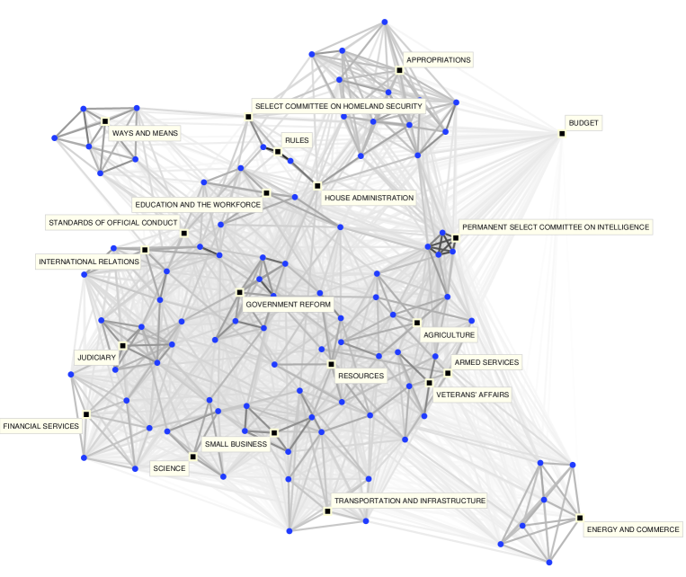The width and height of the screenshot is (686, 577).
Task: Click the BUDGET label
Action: pyautogui.click(x=584, y=122)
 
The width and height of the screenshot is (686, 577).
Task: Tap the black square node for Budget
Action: pyautogui.click(x=562, y=134)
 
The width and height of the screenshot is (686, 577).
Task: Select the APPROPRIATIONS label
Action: pyautogui.click(x=438, y=60)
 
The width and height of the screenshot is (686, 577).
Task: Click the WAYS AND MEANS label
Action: pyautogui.click(x=144, y=133)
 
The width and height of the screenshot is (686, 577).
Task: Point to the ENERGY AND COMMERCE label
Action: pyautogui.click(x=633, y=529)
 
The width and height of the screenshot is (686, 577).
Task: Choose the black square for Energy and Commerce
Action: pyautogui.click(x=580, y=519)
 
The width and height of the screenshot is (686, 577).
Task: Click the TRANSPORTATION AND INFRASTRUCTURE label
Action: pyautogui.click(x=409, y=501)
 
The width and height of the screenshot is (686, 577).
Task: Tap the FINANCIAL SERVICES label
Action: pyautogui.click(x=41, y=426)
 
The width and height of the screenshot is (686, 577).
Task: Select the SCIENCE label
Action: pyautogui.click(x=169, y=467)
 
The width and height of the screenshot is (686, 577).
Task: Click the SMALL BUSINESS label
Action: pyautogui.click(x=236, y=444)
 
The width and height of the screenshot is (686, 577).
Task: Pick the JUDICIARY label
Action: pyautogui.click(x=96, y=358)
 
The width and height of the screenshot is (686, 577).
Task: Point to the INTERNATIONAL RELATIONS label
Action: pyautogui.click(x=88, y=262)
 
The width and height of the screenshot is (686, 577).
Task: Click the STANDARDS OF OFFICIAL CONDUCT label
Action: pyautogui.click(x=112, y=222)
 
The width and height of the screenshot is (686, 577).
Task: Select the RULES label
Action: pyautogui.click(x=297, y=140)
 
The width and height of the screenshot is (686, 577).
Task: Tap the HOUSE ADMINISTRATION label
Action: pyautogui.click(x=369, y=198)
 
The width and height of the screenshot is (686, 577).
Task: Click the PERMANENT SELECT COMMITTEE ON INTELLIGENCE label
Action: pyautogui.click(x=554, y=227)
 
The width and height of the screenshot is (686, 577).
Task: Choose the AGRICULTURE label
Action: pyautogui.click(x=449, y=334)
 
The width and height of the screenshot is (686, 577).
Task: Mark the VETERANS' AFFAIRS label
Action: pyautogui.click(x=472, y=394)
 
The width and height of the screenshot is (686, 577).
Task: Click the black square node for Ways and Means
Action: pyautogui.click(x=105, y=120)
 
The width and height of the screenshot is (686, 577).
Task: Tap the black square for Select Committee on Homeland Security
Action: pyautogui.click(x=247, y=117)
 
